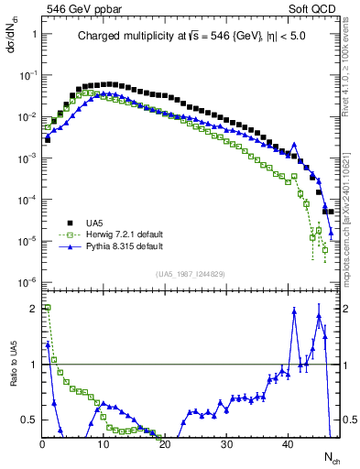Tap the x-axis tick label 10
tap(103, 444)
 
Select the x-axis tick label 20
tap(164, 444)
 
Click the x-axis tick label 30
tap(226, 444)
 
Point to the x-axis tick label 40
tap(288, 444)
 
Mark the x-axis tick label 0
tap(41, 444)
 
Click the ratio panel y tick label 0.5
tap(29, 420)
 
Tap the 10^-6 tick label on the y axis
tap(27, 282)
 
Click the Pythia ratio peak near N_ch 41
tap(294, 311)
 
